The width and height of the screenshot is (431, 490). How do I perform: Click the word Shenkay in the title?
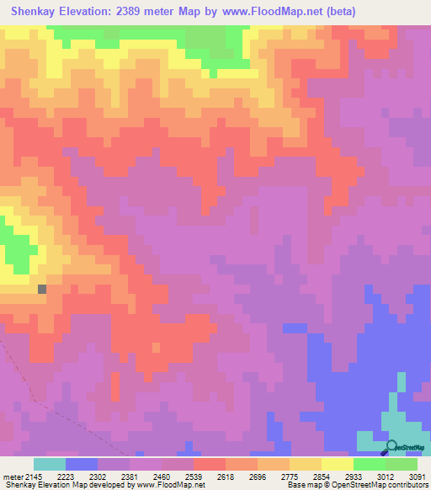(35, 12)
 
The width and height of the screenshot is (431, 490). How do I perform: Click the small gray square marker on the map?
(42, 289)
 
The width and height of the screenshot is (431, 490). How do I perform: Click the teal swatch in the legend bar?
(50, 464)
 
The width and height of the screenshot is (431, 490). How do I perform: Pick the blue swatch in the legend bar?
(82, 464)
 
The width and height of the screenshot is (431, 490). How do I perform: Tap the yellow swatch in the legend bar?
(337, 464)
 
